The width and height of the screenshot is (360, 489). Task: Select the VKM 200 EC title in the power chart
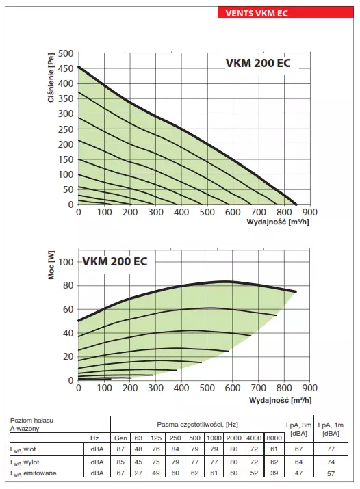(x=114, y=261)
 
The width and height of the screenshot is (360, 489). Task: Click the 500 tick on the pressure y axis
(x=66, y=53)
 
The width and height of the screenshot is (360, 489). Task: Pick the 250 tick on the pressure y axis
(x=66, y=129)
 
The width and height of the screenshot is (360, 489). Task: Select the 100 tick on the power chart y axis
(x=66, y=262)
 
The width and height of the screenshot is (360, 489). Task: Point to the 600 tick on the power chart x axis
(x=232, y=388)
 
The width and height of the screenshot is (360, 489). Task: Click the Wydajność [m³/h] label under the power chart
(x=277, y=399)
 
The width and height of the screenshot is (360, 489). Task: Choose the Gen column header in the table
(x=120, y=438)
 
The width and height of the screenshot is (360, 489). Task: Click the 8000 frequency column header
(x=273, y=438)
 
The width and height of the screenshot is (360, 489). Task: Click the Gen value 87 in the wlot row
(x=120, y=449)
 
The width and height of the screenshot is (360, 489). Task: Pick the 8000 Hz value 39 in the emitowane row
(x=273, y=473)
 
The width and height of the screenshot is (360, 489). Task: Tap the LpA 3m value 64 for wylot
(x=298, y=461)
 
